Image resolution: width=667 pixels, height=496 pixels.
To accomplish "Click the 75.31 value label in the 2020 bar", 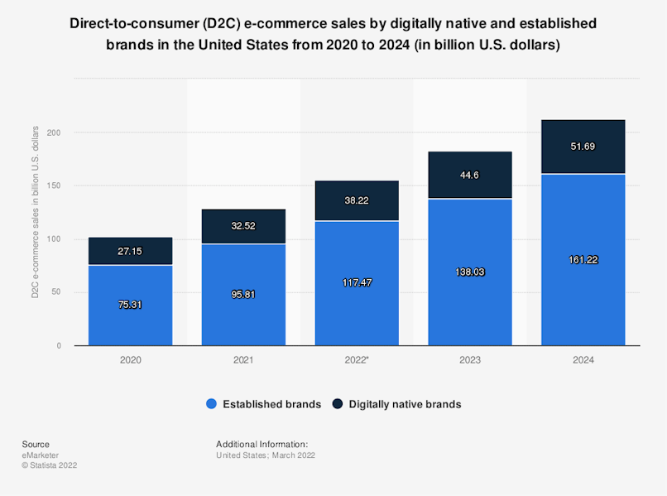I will pyautogui.click(x=130, y=304).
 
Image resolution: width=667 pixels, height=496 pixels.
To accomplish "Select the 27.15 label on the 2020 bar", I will pyautogui.click(x=130, y=251).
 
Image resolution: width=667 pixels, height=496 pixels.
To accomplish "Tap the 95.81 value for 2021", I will pyautogui.click(x=243, y=295).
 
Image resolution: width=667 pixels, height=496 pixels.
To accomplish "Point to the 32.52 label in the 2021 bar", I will pyautogui.click(x=243, y=226).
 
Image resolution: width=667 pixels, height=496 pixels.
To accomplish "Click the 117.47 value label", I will pyautogui.click(x=357, y=282).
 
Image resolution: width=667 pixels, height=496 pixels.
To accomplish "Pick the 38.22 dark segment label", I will pyautogui.click(x=357, y=200).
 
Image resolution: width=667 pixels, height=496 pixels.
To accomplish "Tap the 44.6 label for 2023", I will pyautogui.click(x=470, y=175).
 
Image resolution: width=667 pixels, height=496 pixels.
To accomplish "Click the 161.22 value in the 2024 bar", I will pyautogui.click(x=583, y=259).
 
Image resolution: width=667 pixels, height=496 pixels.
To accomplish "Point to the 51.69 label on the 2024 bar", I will pyautogui.click(x=583, y=147).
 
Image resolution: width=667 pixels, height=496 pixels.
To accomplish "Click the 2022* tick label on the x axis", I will pyautogui.click(x=357, y=360).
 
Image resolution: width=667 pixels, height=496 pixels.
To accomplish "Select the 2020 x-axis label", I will pyautogui.click(x=130, y=360).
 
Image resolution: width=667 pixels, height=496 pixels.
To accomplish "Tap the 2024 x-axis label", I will pyautogui.click(x=583, y=360).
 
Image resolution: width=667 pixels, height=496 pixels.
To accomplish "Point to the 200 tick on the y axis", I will pyautogui.click(x=54, y=132).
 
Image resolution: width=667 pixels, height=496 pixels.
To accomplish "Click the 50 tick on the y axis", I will pyautogui.click(x=56, y=292).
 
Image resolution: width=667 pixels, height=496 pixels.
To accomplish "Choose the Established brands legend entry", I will pyautogui.click(x=263, y=404).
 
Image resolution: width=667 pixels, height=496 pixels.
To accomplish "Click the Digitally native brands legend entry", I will pyautogui.click(x=396, y=404).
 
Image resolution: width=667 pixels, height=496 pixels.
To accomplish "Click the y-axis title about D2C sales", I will pyautogui.click(x=36, y=212).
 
